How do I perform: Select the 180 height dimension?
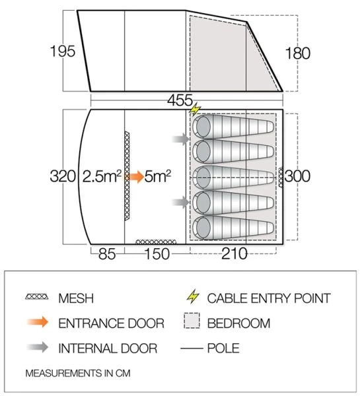coord(298,53)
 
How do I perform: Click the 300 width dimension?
coord(298,177)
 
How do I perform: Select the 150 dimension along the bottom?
coord(155,253)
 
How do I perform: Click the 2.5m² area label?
coord(102,177)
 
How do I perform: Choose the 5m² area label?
coord(158,177)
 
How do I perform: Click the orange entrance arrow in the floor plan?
coord(135,177)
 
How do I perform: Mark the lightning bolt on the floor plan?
coord(196,109)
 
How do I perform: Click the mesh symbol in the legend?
coord(36,298)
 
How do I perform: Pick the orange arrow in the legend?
coord(36,323)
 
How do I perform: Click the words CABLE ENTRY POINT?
coord(268,298)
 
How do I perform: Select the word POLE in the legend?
coord(223,348)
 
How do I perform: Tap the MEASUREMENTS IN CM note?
coord(78,373)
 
